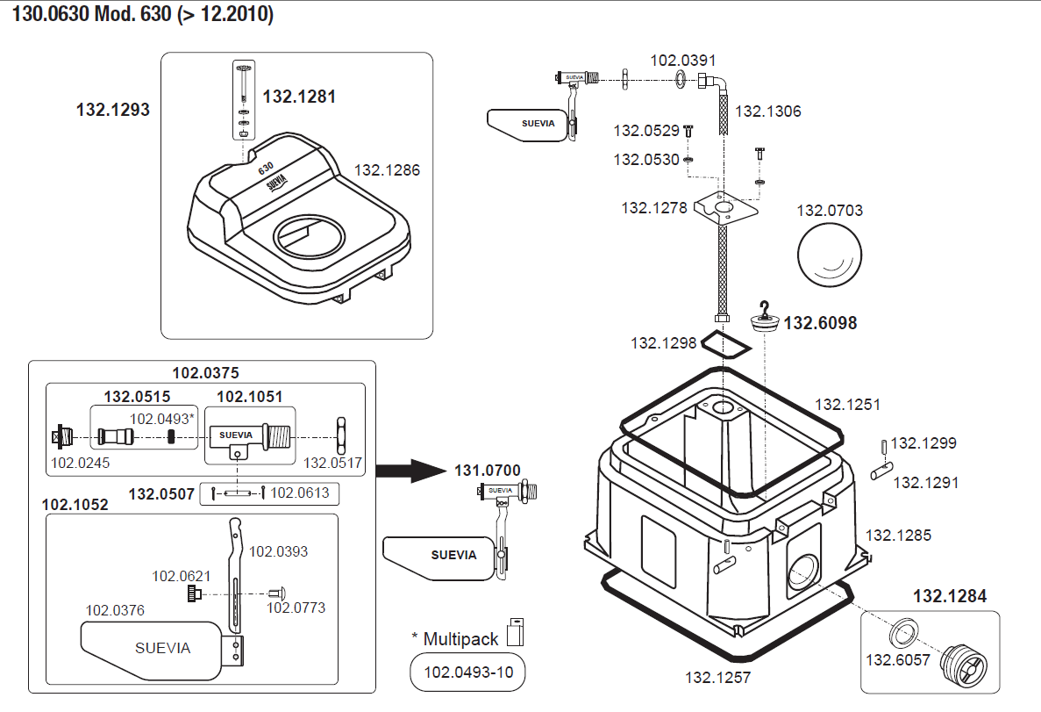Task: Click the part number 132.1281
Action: coord(299,97)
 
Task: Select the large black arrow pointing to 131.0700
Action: coord(412,471)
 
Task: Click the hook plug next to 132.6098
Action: coord(766,320)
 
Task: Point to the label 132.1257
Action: coord(717,678)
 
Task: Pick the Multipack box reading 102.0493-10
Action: coord(467,674)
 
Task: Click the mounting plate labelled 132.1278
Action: coord(724,212)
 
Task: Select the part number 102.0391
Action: coord(682,61)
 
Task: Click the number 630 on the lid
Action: coord(267,166)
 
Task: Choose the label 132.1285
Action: coord(898,535)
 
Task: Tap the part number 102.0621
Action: coord(182,576)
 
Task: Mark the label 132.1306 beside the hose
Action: coord(767,111)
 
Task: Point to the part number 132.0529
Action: coord(646,131)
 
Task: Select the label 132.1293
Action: coord(113,111)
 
